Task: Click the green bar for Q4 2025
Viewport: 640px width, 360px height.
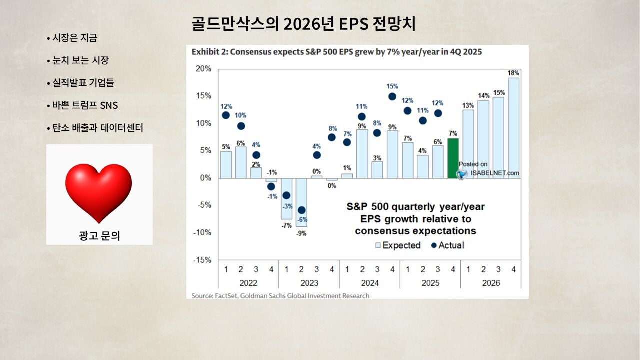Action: click(x=453, y=158)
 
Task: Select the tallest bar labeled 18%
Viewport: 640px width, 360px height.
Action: click(x=513, y=128)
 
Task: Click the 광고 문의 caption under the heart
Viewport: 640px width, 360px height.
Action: click(x=99, y=236)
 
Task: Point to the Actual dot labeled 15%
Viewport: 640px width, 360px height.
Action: click(x=392, y=97)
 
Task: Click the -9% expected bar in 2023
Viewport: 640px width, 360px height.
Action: click(x=301, y=202)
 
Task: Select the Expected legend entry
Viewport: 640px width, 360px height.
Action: click(x=398, y=245)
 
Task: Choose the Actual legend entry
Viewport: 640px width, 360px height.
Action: click(x=447, y=245)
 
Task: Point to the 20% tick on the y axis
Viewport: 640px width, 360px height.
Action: click(x=203, y=69)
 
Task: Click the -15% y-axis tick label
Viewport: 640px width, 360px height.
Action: click(x=202, y=260)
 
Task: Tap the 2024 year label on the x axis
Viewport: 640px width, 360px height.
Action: click(x=370, y=283)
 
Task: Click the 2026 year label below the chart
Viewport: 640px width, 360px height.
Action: click(x=491, y=283)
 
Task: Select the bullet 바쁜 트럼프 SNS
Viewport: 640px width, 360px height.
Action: click(x=82, y=105)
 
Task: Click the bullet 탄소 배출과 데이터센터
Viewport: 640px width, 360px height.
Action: click(x=95, y=128)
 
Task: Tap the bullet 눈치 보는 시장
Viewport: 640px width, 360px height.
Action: click(x=78, y=60)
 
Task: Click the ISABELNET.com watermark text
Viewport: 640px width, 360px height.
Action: click(x=495, y=173)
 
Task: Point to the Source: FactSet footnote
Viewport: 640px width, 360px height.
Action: click(x=280, y=296)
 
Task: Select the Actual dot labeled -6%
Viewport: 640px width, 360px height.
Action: click(x=301, y=210)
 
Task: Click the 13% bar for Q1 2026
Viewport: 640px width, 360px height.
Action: click(x=468, y=144)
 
